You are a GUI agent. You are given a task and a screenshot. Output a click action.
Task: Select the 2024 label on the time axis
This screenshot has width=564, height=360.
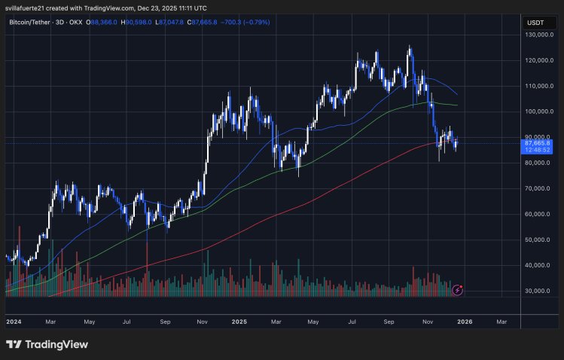tap(14, 322)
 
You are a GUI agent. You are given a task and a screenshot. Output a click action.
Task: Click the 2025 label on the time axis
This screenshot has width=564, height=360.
tap(239, 322)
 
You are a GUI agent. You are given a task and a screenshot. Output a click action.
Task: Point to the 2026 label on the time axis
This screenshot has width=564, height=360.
tap(465, 322)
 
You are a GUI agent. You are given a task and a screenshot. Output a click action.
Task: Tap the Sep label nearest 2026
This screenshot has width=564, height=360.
tap(389, 322)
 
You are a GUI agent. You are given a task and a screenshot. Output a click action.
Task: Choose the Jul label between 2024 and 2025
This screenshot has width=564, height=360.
tap(127, 322)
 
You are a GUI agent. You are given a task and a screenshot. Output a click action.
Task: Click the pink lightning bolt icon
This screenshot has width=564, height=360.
tap(457, 289)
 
